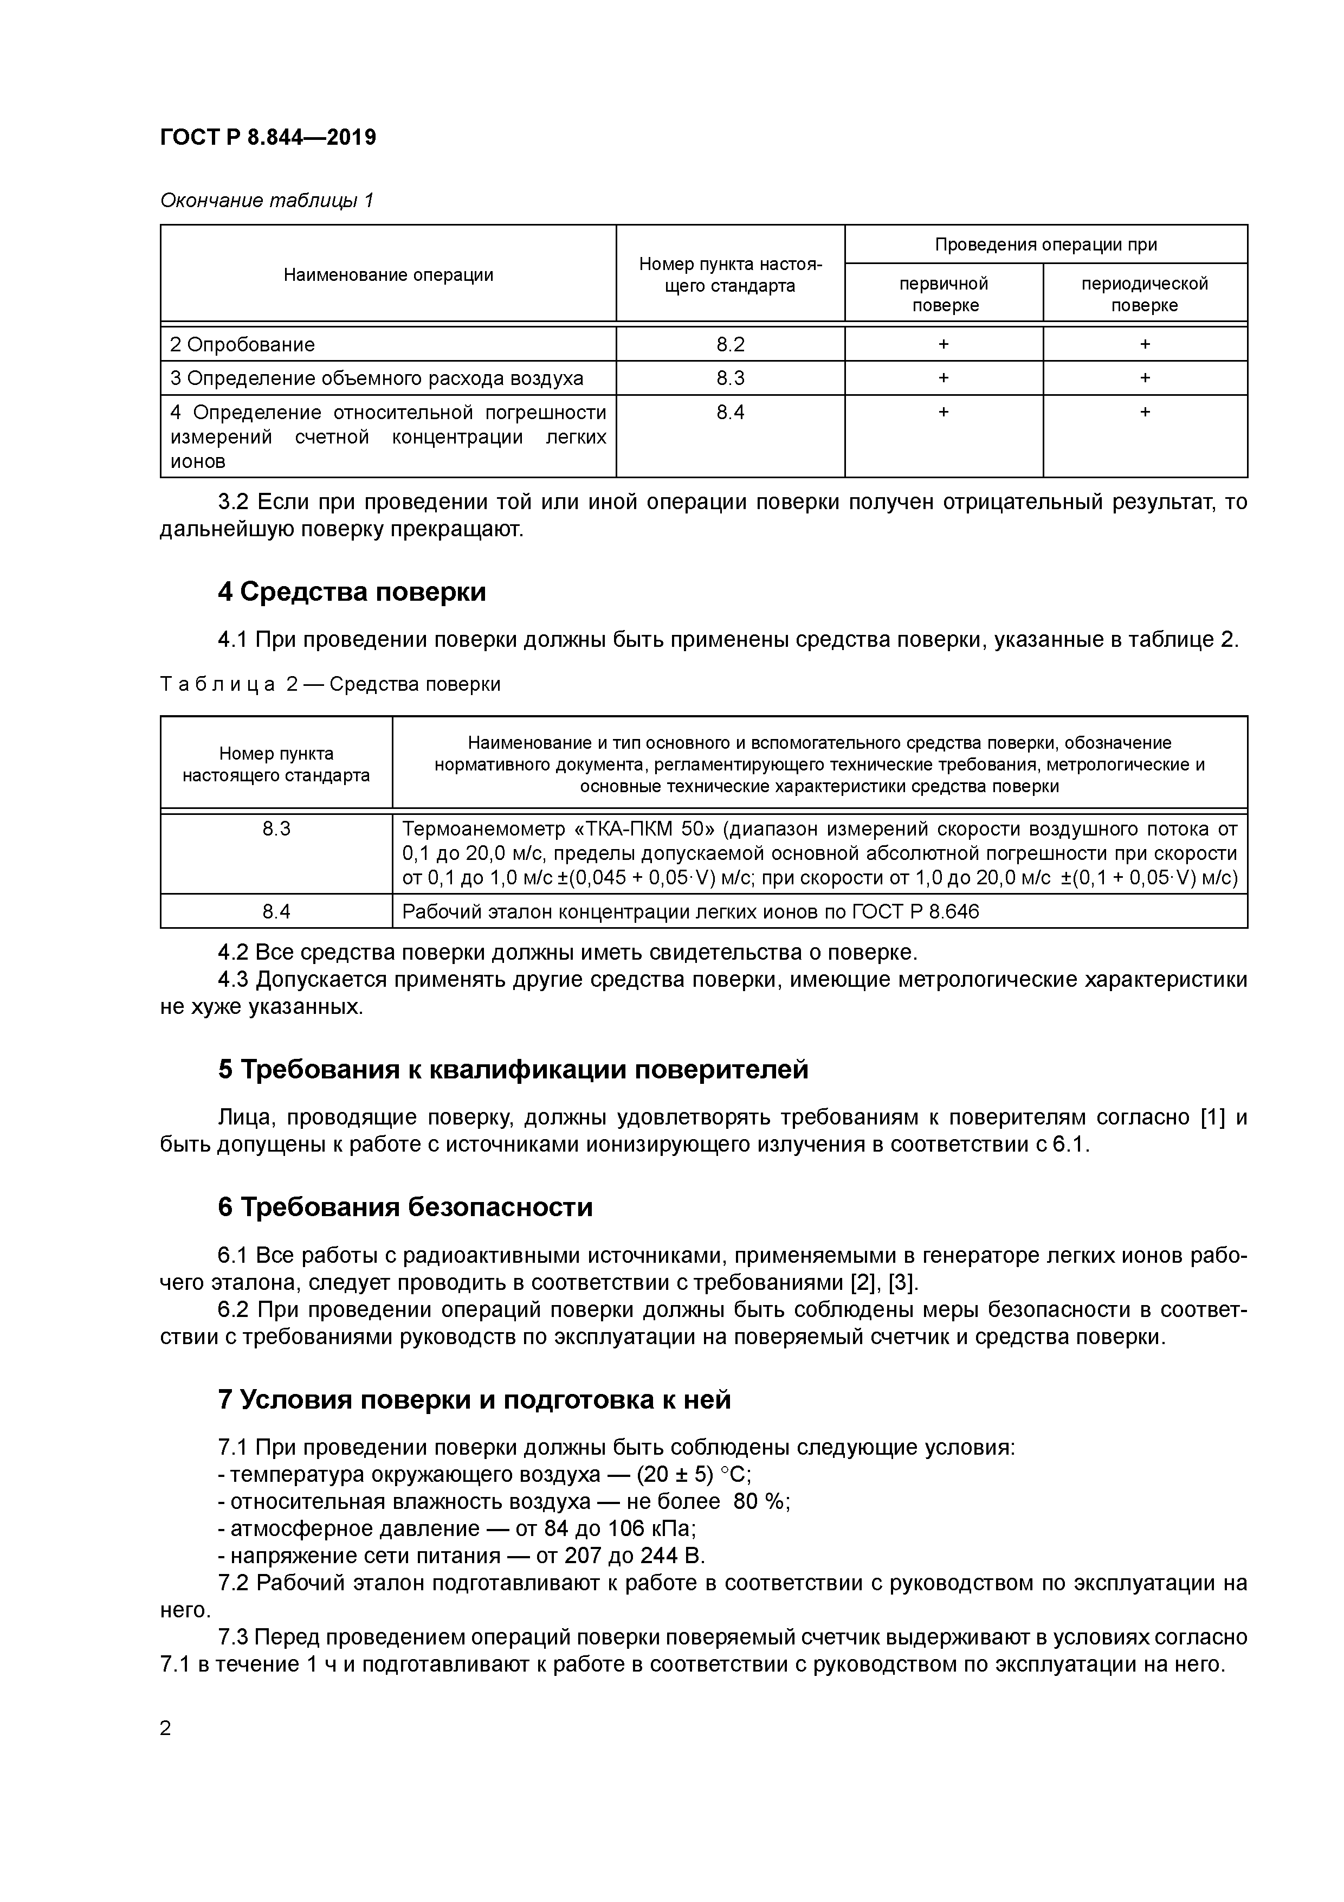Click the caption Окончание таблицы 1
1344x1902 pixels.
(x=267, y=201)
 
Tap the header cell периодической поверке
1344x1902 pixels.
(x=1145, y=294)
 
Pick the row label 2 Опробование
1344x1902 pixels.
(x=243, y=344)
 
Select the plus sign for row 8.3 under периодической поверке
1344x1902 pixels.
(x=1145, y=378)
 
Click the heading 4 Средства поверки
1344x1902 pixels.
(x=352, y=592)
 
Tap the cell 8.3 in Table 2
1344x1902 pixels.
(x=276, y=828)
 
